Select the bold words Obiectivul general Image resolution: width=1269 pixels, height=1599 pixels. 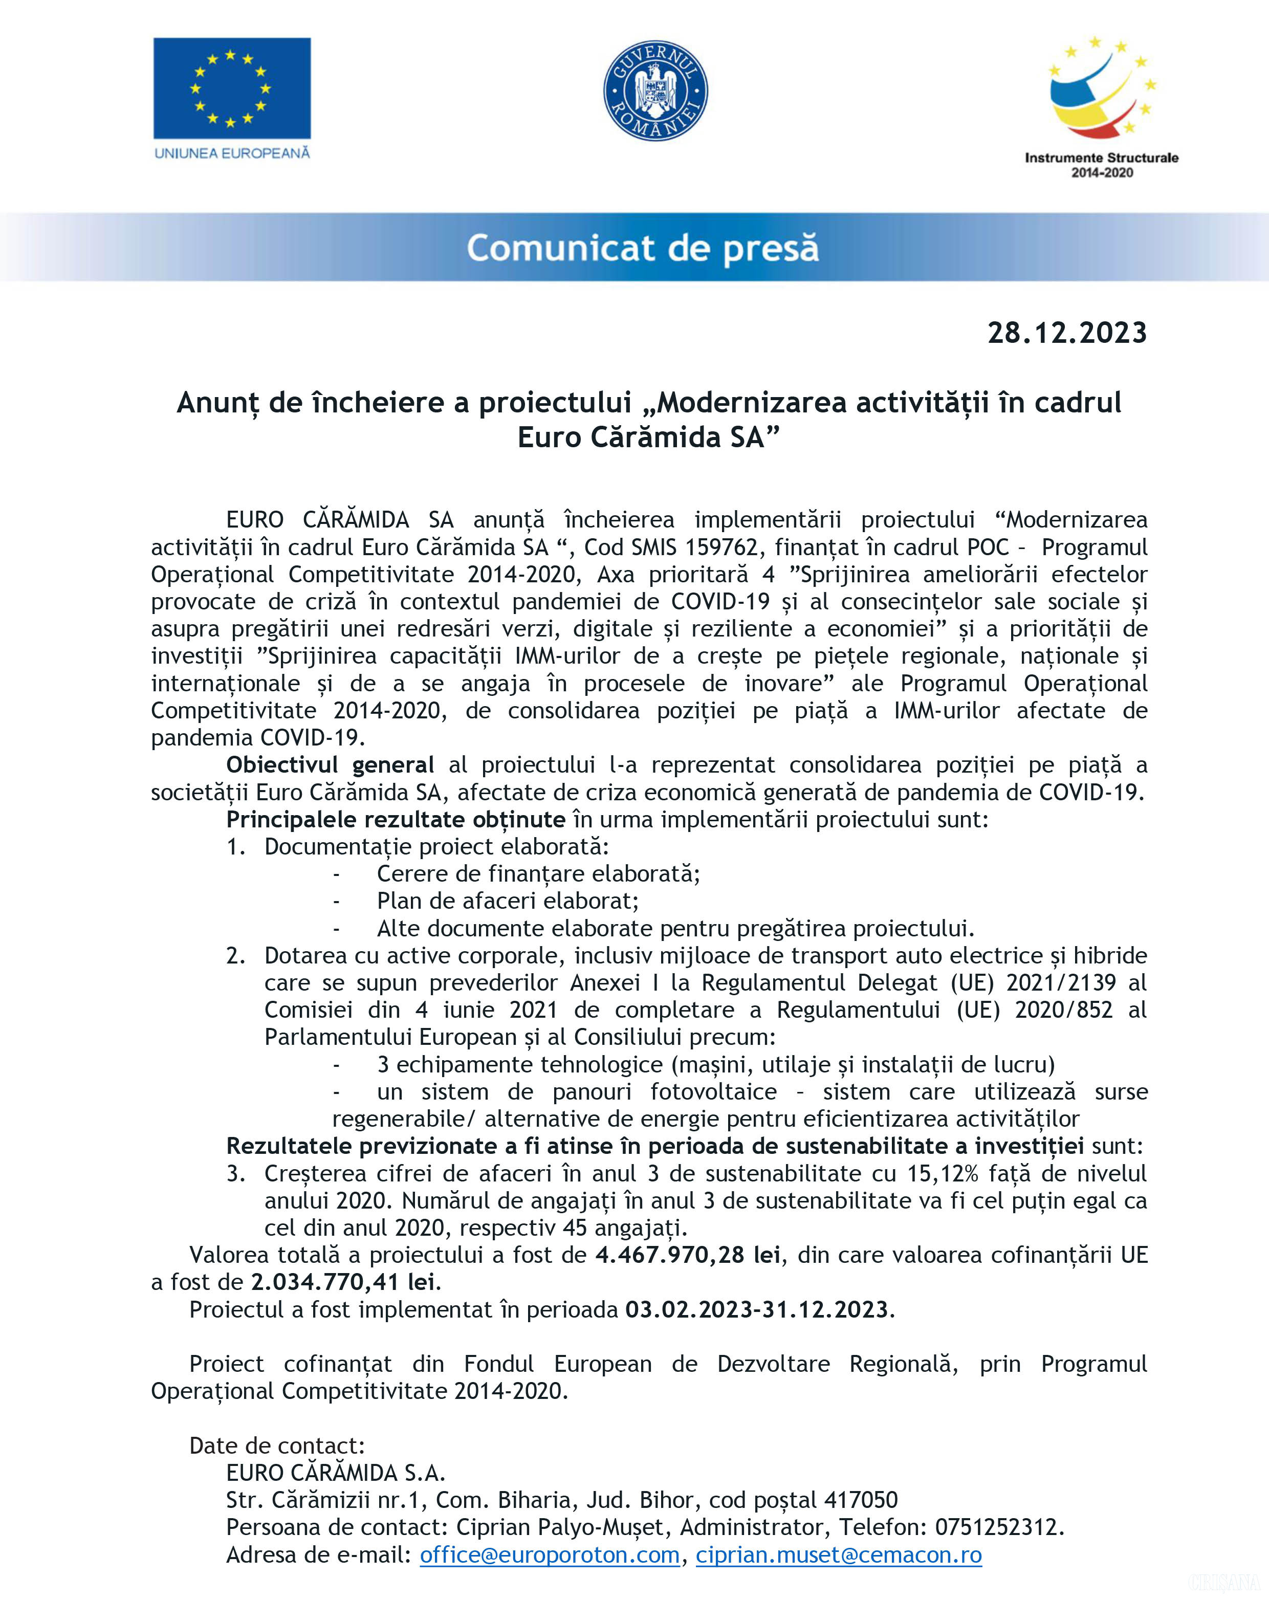(330, 764)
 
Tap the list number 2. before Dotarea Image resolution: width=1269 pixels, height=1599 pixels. (236, 955)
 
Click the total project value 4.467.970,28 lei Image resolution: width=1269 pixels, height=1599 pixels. (688, 1255)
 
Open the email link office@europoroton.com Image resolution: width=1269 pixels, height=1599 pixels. (550, 1554)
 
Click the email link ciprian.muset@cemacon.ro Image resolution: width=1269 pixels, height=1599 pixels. (838, 1554)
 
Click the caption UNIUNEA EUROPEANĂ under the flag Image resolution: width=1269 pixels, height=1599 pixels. (231, 154)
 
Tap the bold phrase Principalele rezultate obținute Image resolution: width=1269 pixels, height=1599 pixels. (396, 820)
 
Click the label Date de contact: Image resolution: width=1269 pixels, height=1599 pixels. (277, 1445)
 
